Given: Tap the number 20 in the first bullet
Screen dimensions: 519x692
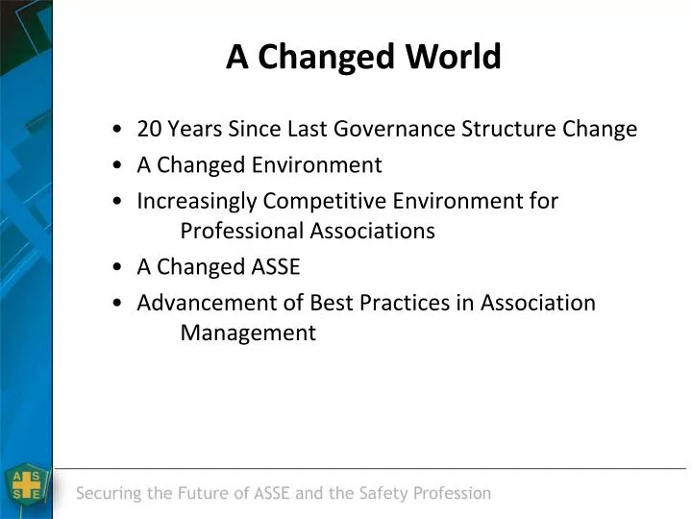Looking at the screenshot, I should coord(149,129).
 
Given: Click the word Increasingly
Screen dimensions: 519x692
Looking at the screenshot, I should coord(197,202).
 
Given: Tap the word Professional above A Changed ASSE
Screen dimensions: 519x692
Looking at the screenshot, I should coord(242,231).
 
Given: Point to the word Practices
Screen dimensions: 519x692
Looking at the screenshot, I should coord(403,303).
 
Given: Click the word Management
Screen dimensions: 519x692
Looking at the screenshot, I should coord(248,333).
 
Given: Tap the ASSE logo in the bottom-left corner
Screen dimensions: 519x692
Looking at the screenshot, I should coord(26,485).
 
